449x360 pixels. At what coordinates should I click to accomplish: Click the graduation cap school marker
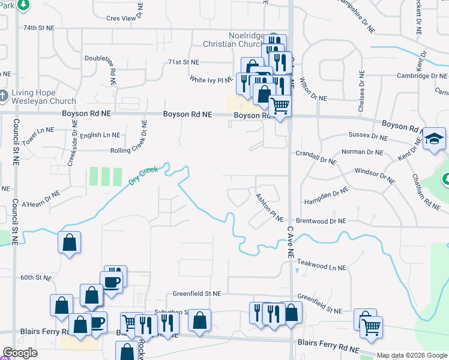[x=434, y=140]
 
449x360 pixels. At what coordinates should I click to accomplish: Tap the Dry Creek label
[x=143, y=175]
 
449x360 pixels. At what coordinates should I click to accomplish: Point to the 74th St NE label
[x=38, y=28]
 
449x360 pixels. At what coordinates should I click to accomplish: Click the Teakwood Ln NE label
[x=322, y=265]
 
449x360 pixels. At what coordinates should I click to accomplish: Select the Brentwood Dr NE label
[x=321, y=221]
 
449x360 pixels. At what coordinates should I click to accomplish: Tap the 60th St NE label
[x=37, y=278]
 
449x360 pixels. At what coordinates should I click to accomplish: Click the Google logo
[x=20, y=353]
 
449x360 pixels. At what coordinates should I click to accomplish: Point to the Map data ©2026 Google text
[x=412, y=355]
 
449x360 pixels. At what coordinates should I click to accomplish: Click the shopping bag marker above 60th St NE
[x=70, y=243]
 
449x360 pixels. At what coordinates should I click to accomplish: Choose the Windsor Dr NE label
[x=375, y=175]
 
